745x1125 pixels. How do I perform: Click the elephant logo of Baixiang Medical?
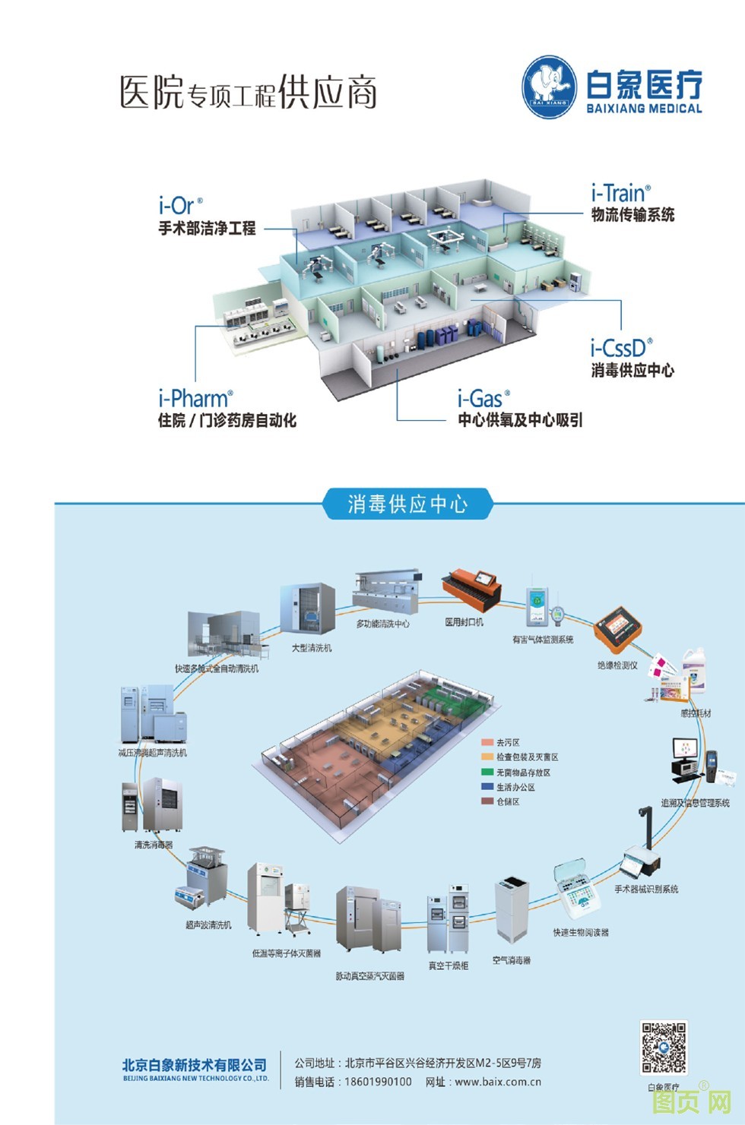[x=550, y=87]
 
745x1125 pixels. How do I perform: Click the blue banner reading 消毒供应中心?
[x=407, y=504]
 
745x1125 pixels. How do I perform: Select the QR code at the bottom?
[x=664, y=1048]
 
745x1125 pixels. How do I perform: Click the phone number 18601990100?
[x=378, y=1082]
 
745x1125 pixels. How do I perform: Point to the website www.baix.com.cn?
[x=498, y=1082]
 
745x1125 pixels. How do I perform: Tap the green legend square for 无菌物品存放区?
[x=487, y=772]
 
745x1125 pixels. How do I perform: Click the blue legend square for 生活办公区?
[x=487, y=787]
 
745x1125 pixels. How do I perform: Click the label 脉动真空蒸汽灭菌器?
[x=370, y=976]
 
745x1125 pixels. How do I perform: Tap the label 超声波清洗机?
[x=208, y=924]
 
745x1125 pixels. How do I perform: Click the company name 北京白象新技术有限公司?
[x=195, y=1065]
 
